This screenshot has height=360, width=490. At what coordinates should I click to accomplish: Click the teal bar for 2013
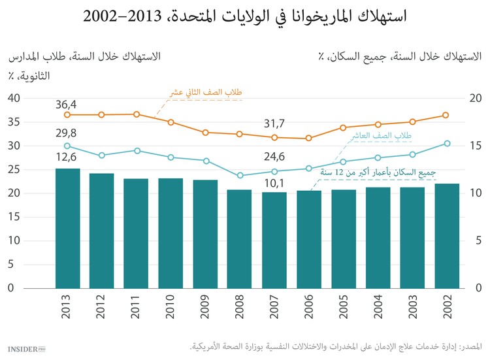(x=67, y=228)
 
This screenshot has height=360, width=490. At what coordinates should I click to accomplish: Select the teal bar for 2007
(x=274, y=240)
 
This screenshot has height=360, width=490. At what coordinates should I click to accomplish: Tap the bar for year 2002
(x=447, y=236)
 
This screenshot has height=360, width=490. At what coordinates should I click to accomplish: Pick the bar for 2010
(x=171, y=233)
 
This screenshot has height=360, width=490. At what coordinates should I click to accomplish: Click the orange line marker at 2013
(x=67, y=115)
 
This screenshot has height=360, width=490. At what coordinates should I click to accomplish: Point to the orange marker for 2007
(x=274, y=137)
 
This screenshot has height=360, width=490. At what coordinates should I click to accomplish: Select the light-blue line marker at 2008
(x=240, y=176)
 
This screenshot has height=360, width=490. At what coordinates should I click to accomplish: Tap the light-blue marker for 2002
(x=447, y=143)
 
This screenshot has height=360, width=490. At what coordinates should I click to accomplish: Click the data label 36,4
(x=66, y=104)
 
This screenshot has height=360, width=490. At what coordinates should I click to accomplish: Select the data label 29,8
(x=66, y=133)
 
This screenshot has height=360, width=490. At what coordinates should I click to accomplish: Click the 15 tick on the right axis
(x=476, y=146)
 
